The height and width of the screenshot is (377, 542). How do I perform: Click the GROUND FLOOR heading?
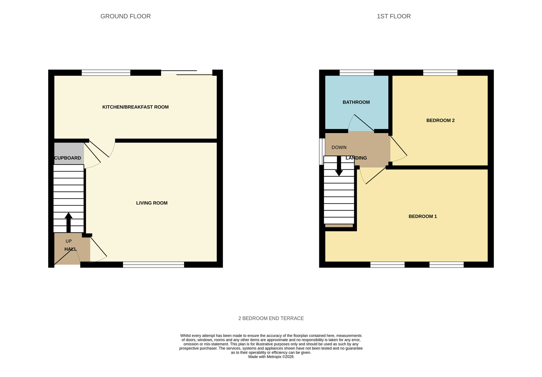[125, 16]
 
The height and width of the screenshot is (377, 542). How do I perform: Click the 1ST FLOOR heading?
[393, 16]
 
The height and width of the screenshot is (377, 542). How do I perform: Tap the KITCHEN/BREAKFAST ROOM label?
[135, 107]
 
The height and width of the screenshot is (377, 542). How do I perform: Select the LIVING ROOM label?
[152, 203]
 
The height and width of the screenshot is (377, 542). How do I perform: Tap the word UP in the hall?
[69, 241]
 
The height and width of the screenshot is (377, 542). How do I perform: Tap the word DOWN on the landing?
[339, 147]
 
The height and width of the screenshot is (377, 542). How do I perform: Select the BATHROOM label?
[356, 102]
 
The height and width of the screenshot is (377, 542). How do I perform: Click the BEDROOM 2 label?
[440, 121]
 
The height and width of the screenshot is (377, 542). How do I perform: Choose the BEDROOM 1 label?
[422, 216]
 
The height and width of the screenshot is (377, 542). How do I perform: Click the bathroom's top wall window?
[357, 72]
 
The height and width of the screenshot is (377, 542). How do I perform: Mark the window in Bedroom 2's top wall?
[440, 72]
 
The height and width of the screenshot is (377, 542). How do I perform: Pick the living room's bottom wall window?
[153, 264]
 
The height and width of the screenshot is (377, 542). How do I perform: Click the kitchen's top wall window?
[106, 72]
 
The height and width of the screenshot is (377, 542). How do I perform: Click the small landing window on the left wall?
[322, 151]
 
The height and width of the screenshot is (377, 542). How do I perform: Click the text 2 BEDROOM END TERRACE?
[271, 318]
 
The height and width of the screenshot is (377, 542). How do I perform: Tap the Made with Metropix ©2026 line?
[271, 357]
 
